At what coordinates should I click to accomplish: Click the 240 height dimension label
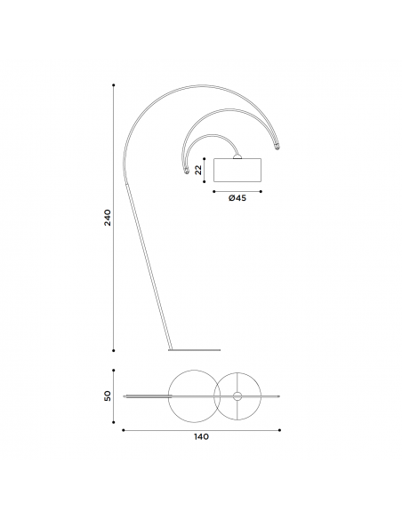click(108, 218)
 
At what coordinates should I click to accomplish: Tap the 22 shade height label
click(198, 170)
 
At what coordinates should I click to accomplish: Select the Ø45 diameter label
click(237, 198)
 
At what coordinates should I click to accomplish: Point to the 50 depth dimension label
click(108, 395)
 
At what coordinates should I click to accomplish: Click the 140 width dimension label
click(201, 437)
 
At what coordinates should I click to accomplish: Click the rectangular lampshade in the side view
click(237, 170)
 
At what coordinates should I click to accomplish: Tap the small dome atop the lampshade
click(237, 156)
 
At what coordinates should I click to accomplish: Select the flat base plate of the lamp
click(194, 349)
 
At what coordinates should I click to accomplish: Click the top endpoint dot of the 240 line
click(114, 85)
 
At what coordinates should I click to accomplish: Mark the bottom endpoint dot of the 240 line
click(114, 350)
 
